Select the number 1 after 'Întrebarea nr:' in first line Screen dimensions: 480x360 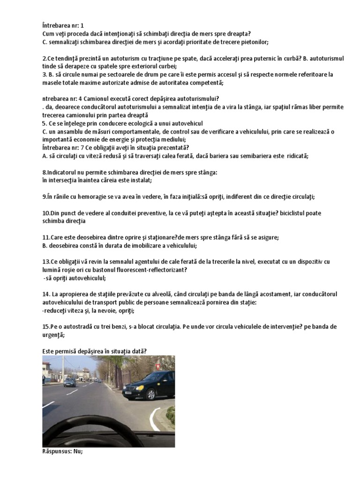click(x=95, y=25)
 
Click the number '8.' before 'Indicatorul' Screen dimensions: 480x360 click(x=45, y=172)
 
